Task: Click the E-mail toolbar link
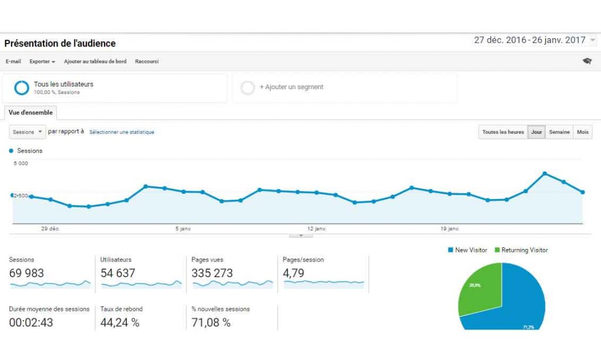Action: click(13, 62)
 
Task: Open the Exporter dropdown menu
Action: click(42, 62)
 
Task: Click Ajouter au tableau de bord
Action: click(94, 62)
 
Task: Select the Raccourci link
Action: click(147, 62)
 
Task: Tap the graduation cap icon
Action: click(587, 61)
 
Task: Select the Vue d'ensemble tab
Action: click(31, 113)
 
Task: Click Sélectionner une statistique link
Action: click(121, 132)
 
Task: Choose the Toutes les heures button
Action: click(503, 132)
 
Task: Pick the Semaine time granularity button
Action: click(559, 132)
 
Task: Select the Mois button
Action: click(583, 132)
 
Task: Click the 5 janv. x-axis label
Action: click(183, 228)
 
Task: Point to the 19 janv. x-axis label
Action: click(450, 228)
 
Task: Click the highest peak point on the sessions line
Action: click(545, 173)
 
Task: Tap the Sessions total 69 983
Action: click(26, 273)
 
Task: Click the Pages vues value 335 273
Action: click(212, 273)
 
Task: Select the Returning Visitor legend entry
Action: click(521, 250)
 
